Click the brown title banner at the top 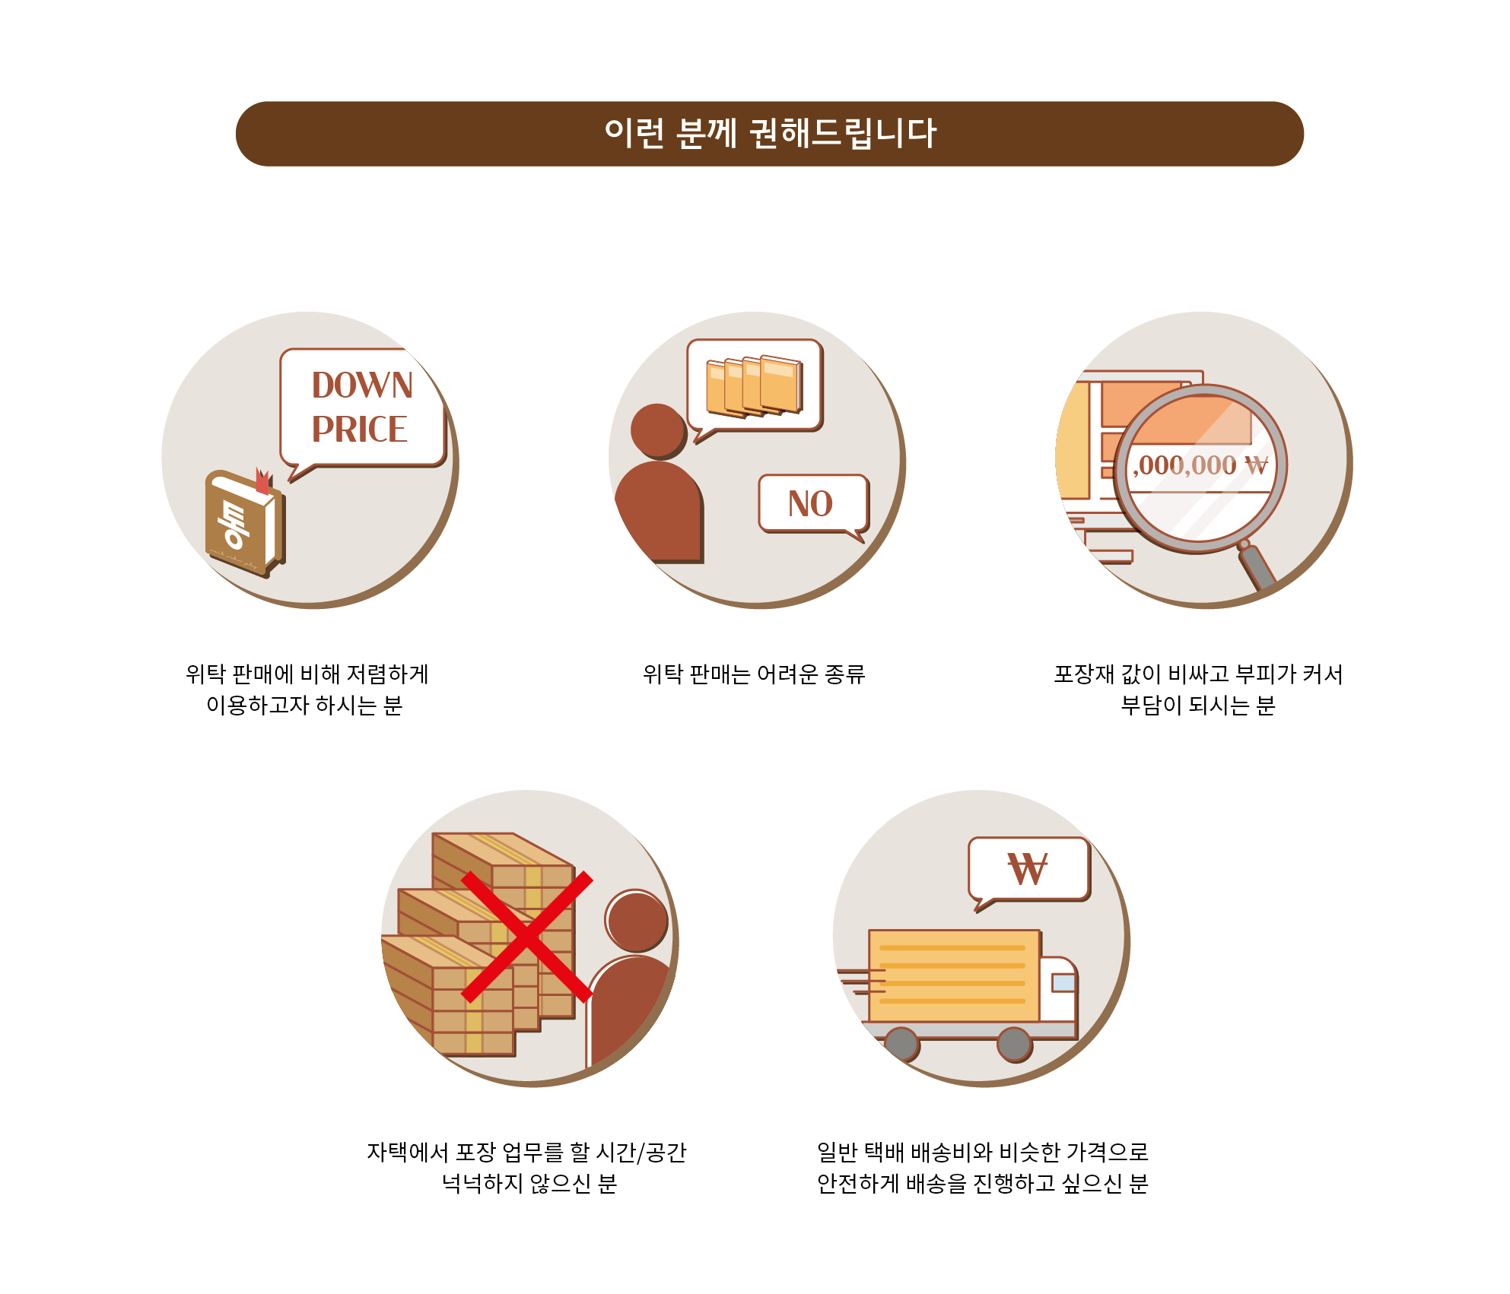coord(769,134)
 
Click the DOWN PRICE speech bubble coord(363,409)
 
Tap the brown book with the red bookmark coord(244,524)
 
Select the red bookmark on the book coord(262,480)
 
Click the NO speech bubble coord(813,504)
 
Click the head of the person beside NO coord(658,431)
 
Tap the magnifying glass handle coord(1257,566)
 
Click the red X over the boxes coord(526,937)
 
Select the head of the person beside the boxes coord(637,921)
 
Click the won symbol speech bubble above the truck coord(1028,871)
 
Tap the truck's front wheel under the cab coord(1014,1045)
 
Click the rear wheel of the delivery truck coord(902,1045)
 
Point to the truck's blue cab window coord(1063,983)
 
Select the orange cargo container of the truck coord(954,975)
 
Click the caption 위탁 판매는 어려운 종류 coord(754,674)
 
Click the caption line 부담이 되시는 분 coord(1198,706)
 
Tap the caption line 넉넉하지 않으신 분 coord(529,1184)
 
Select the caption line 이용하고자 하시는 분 coord(304,706)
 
